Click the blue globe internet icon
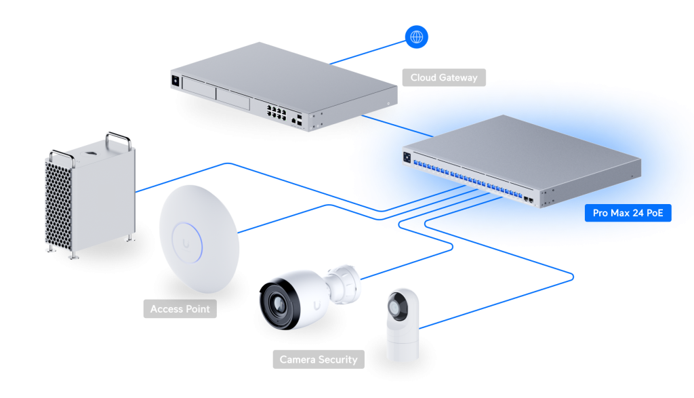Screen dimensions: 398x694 [x=416, y=36]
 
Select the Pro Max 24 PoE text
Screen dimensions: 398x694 [x=628, y=213]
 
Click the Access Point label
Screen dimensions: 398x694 [x=180, y=309]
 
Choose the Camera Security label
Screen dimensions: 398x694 [x=318, y=359]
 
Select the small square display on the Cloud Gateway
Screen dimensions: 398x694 [x=176, y=81]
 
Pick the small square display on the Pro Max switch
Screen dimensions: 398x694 [x=407, y=158]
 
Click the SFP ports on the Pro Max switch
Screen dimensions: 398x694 [x=528, y=199]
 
